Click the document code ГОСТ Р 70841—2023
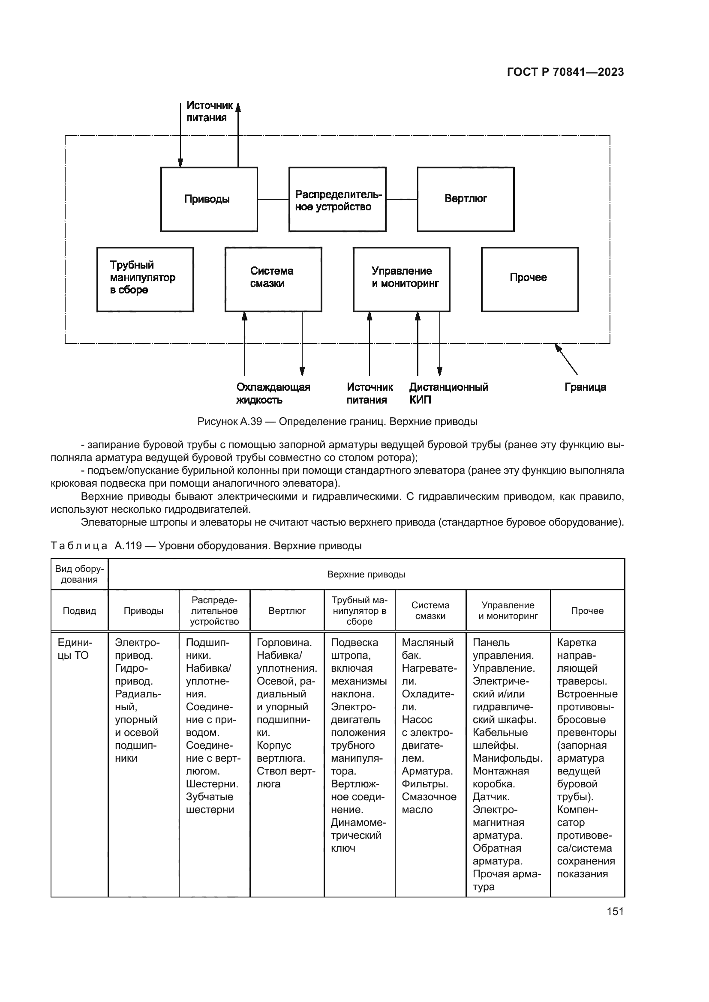coord(565,72)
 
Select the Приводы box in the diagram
coord(209,199)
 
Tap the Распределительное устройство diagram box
coord(337,200)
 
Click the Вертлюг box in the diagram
coord(466,199)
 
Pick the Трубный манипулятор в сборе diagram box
coord(145,279)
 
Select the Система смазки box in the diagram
coord(273,279)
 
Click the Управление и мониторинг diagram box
coord(401,279)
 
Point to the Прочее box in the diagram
coord(529,279)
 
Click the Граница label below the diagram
coord(585,387)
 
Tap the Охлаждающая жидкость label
coord(273,393)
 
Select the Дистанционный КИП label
coord(448,393)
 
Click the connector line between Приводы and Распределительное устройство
coord(273,200)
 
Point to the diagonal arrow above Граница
coord(566,359)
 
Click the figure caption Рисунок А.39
coord(337,422)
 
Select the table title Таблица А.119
coord(206,545)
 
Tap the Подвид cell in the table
coord(79,610)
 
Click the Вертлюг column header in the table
coord(287,610)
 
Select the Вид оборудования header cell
coord(79,574)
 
